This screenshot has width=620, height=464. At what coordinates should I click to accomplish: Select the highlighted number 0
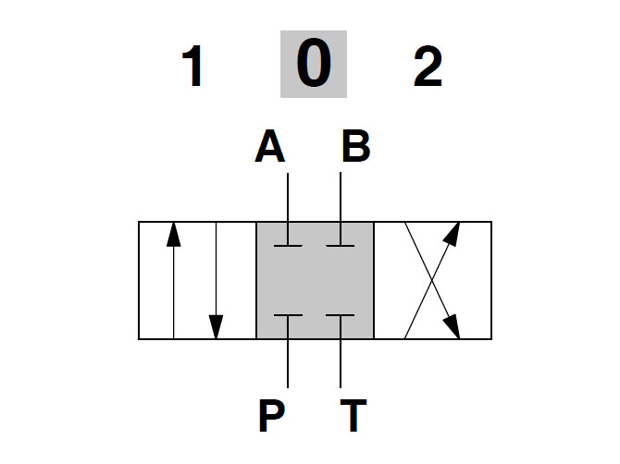(313, 67)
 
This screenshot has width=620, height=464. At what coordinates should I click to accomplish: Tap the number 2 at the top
(428, 67)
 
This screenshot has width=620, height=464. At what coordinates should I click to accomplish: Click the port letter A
(270, 147)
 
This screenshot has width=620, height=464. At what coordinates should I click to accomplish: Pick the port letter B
(355, 147)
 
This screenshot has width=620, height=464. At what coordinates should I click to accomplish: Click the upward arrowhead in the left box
(173, 234)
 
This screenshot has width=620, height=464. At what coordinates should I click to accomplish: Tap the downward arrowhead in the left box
(216, 326)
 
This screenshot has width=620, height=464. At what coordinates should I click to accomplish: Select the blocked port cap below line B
(341, 246)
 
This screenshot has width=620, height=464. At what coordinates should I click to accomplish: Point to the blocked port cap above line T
(341, 315)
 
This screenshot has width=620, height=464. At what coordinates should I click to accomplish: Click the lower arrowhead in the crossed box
(453, 327)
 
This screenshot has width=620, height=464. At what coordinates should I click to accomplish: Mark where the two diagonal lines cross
(432, 280)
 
